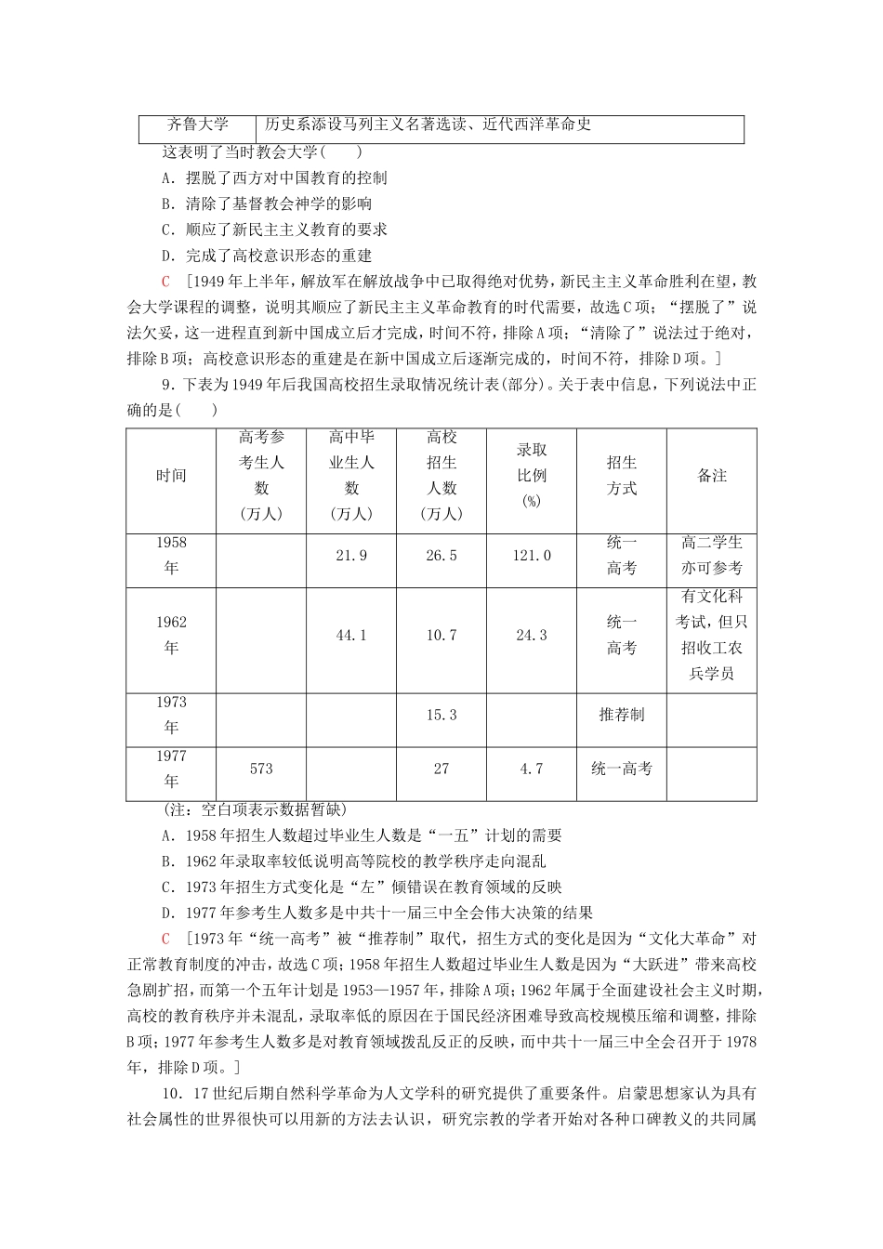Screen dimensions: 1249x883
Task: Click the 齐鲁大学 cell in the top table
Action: pos(197,125)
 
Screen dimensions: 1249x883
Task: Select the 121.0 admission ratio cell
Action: pos(532,556)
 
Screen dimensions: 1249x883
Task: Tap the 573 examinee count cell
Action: pos(261,769)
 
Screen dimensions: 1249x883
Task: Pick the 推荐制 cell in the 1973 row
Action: pos(621,715)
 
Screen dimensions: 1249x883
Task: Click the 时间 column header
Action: pos(171,476)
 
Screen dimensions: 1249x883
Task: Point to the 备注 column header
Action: pos(711,476)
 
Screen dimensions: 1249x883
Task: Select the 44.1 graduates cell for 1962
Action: pos(351,636)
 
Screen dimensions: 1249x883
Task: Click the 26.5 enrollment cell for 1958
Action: pos(441,556)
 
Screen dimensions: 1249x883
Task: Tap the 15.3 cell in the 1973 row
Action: pos(441,715)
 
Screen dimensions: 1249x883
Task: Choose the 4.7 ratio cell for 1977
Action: pos(532,769)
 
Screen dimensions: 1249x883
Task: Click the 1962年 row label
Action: pos(171,636)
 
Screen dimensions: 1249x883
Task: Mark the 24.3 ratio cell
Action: pos(532,636)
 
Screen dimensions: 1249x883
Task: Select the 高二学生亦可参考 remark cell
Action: pos(711,556)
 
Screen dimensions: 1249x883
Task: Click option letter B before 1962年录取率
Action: pos(166,861)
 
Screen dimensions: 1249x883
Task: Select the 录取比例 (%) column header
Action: pos(532,476)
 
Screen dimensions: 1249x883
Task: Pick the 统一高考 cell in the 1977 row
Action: pos(621,769)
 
